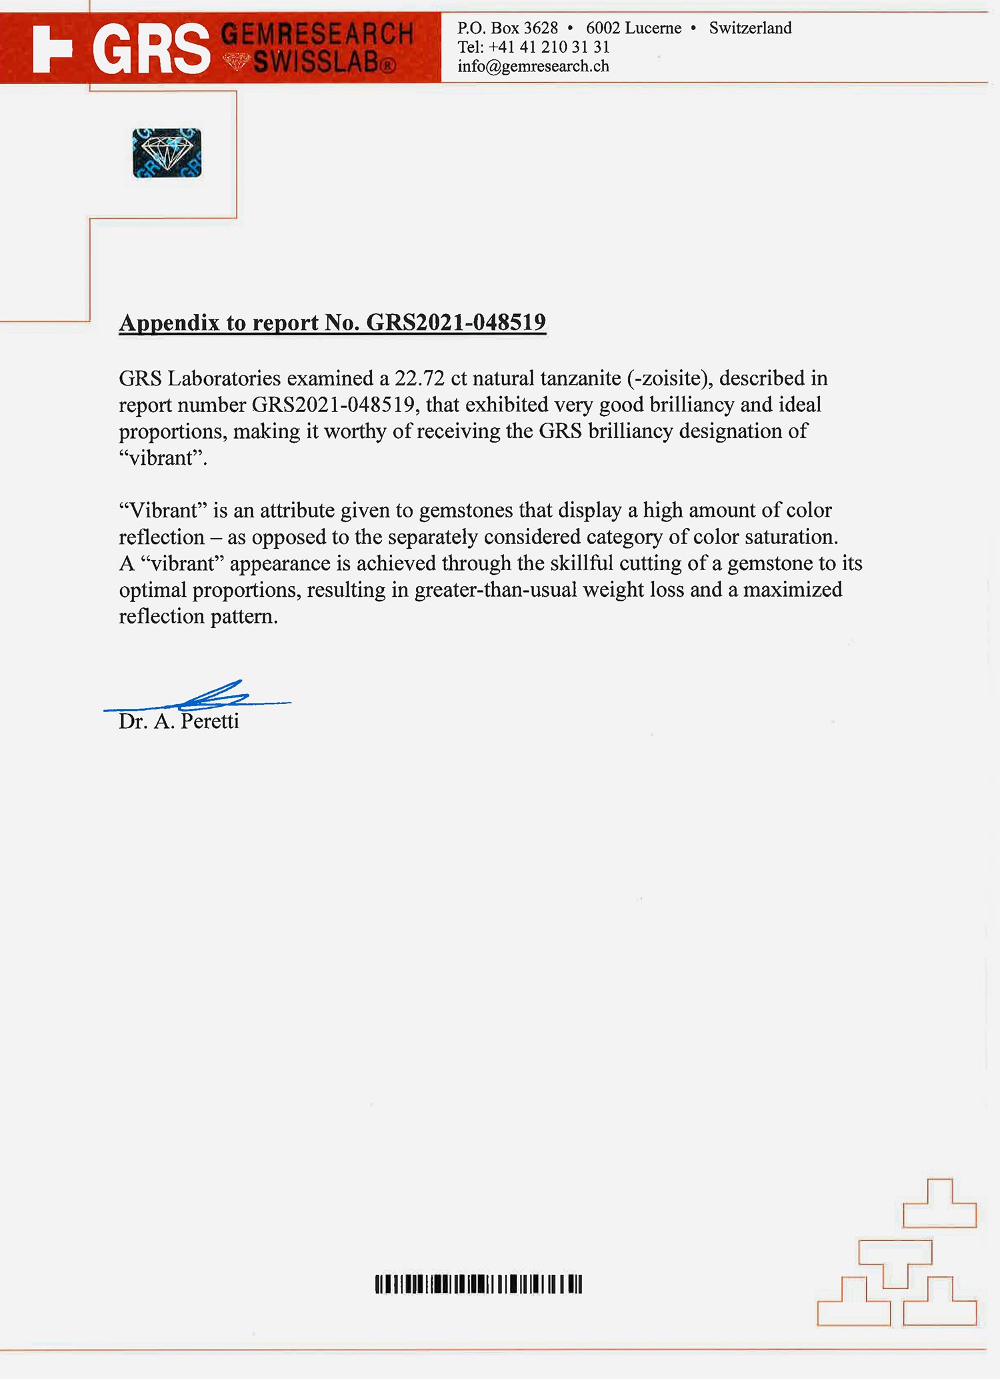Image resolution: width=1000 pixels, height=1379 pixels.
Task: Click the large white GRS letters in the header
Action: [x=151, y=49]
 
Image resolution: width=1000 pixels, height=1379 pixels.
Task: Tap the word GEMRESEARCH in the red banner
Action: [x=317, y=33]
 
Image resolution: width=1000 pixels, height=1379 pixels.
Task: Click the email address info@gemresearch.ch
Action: [x=533, y=66]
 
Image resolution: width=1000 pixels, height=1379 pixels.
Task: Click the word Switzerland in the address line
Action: [x=750, y=28]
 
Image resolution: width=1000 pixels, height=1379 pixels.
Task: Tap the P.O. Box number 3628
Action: [x=541, y=28]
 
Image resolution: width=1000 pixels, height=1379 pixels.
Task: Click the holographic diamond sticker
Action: [x=167, y=153]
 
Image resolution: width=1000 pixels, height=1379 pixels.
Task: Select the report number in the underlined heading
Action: [x=456, y=323]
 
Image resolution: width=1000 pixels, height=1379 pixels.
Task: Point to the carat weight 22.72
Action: [x=419, y=378]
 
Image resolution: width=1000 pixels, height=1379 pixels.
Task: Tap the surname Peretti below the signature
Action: [x=210, y=722]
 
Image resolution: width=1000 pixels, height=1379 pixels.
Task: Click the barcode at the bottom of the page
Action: [x=478, y=1284]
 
